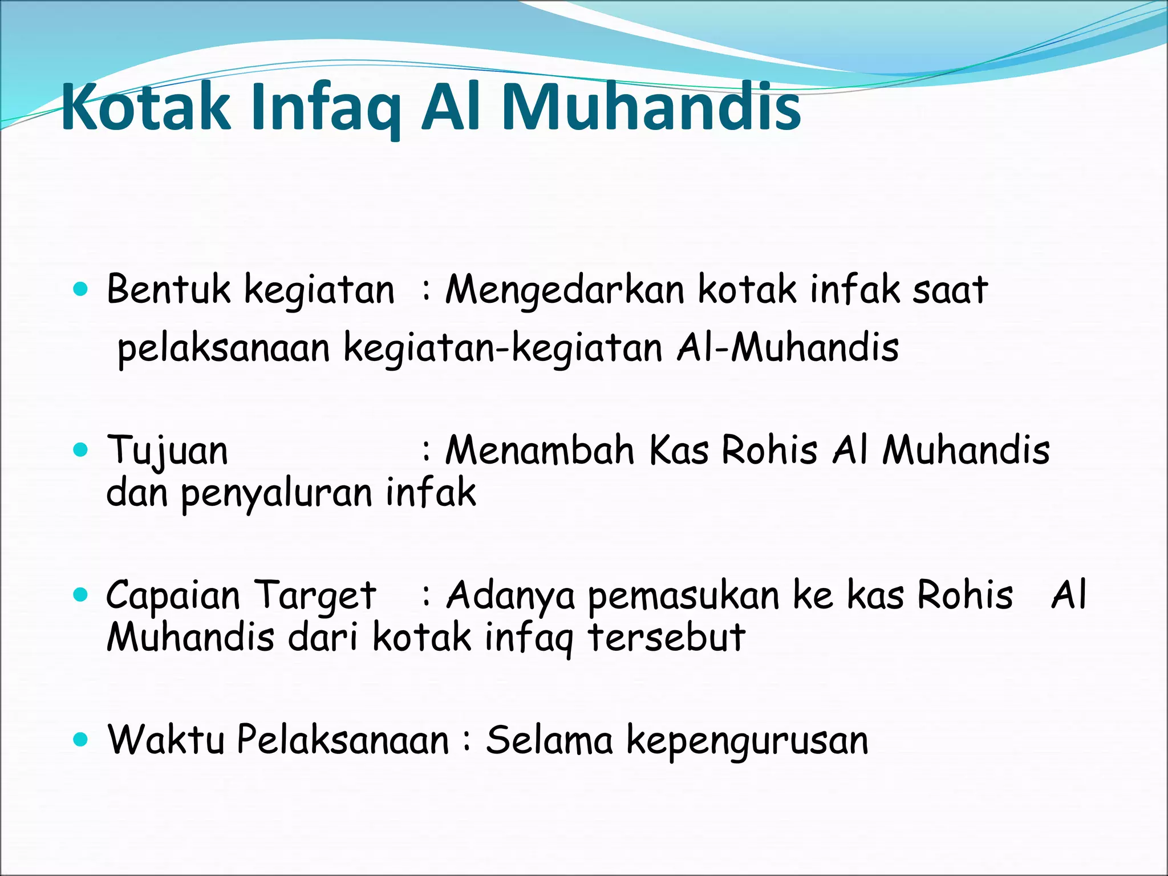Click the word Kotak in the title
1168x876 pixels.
click(145, 107)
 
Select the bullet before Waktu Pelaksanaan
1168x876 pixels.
click(81, 740)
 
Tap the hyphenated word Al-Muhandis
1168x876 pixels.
click(787, 348)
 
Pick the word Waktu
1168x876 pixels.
click(166, 740)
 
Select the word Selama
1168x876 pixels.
click(549, 740)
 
